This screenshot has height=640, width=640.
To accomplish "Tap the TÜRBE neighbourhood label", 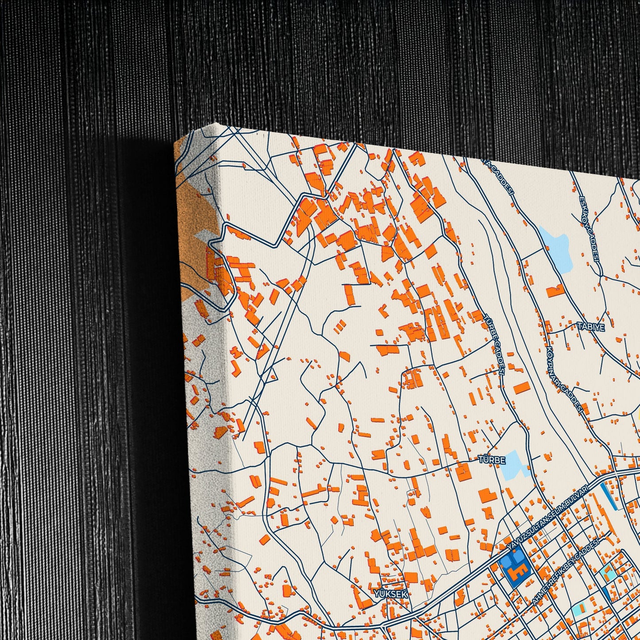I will (x=492, y=460).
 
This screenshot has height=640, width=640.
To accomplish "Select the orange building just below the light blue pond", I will (x=555, y=291).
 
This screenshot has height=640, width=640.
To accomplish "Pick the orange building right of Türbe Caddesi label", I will (x=521, y=388).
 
